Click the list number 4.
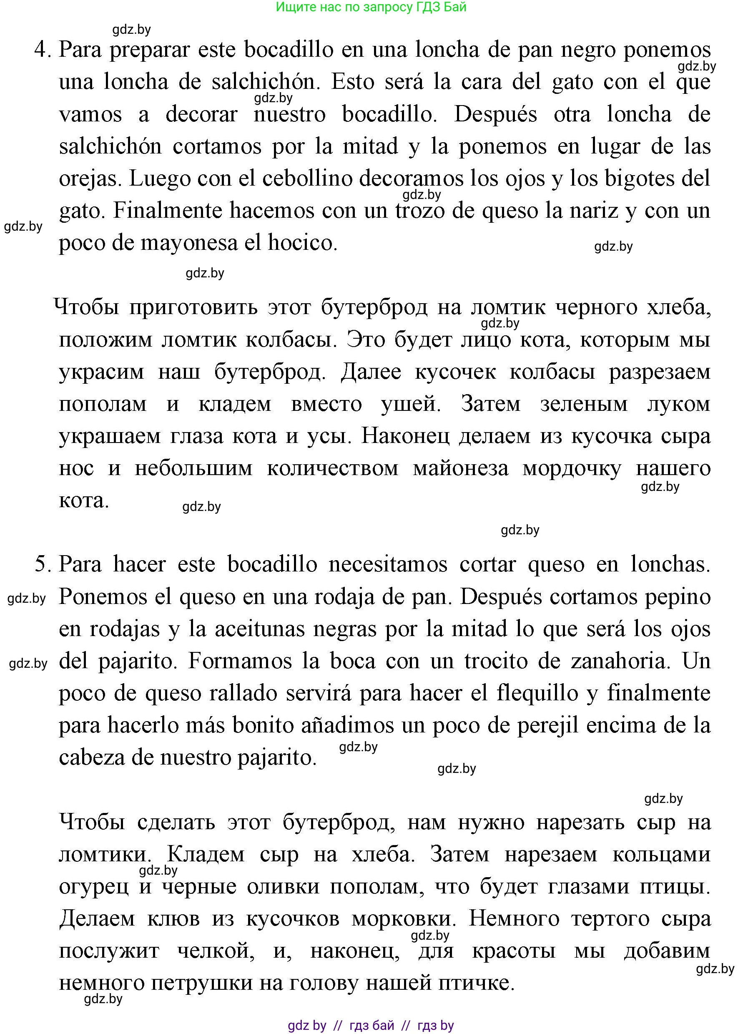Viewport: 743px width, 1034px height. tap(42, 50)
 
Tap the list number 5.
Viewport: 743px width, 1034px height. tap(42, 565)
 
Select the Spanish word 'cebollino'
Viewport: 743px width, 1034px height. tap(307, 178)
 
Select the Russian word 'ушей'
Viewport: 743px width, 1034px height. tap(411, 404)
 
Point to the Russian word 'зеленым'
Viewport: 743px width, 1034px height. tap(584, 404)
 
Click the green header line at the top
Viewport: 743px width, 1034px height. tap(371, 7)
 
